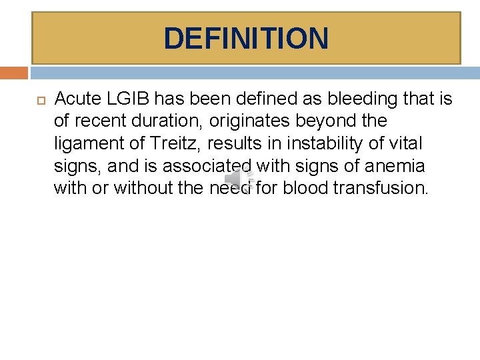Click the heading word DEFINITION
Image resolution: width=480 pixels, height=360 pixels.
click(x=246, y=38)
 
